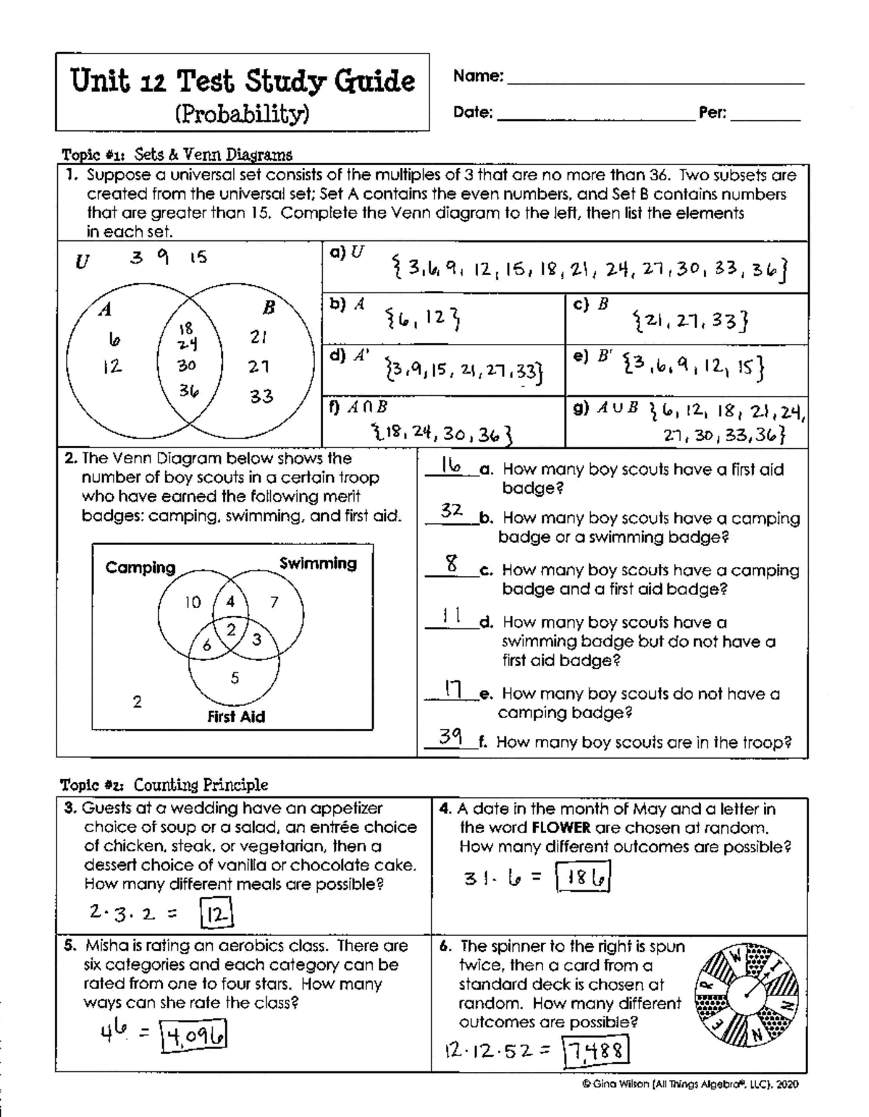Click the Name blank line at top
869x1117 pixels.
tap(655, 83)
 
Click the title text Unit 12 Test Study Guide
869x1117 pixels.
tap(243, 81)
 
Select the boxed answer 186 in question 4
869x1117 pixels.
tap(583, 878)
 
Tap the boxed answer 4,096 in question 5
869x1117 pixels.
tap(194, 1034)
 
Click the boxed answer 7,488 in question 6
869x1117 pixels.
tap(596, 1050)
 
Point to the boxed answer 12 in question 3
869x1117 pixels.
tap(217, 914)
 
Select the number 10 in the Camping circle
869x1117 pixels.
tap(193, 602)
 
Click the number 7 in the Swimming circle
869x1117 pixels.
tap(274, 602)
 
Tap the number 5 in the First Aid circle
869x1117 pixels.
tap(235, 678)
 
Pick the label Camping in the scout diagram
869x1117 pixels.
tap(140, 568)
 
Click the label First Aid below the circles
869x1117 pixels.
tap(236, 717)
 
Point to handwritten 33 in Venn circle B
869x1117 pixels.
tap(261, 397)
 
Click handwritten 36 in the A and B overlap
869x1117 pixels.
tap(189, 391)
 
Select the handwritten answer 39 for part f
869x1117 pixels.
tap(452, 737)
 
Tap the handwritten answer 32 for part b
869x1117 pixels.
tap(452, 510)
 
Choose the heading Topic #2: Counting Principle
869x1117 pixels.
tap(164, 785)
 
